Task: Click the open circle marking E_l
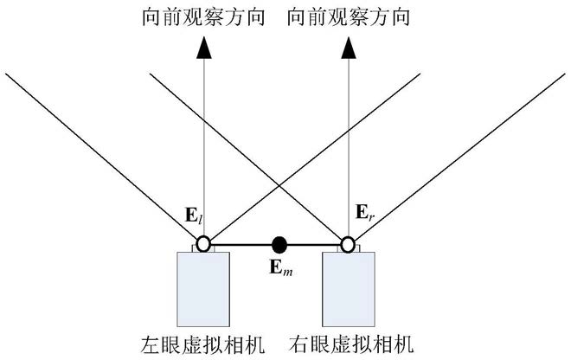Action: [202, 244]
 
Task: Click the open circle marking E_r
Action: [348, 244]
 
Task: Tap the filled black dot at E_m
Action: [279, 244]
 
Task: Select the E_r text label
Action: [363, 212]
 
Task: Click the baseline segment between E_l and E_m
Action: [241, 244]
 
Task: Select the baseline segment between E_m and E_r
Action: [313, 244]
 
